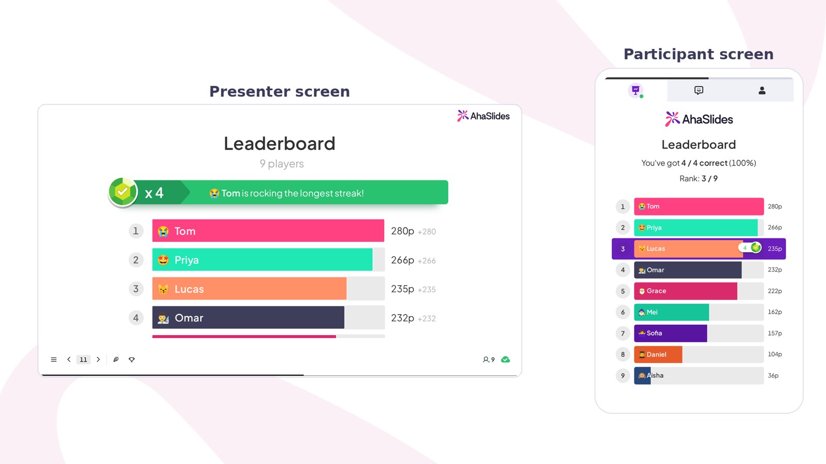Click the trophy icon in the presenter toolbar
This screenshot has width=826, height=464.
[x=132, y=359]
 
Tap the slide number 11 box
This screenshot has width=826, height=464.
[x=83, y=359]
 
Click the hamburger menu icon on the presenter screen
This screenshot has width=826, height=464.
[x=54, y=359]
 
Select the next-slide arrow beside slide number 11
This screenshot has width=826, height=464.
[x=98, y=359]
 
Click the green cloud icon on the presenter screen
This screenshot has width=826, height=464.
[x=505, y=359]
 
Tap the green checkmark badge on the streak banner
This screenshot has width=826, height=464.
[x=123, y=192]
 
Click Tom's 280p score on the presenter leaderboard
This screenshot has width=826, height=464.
[x=403, y=231]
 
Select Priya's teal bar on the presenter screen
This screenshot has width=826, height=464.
[x=262, y=260]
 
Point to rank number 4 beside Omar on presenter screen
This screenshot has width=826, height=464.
[x=136, y=318]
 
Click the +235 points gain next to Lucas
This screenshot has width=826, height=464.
[x=426, y=289]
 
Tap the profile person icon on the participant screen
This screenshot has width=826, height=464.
[x=762, y=91]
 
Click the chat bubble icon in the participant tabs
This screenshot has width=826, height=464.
[x=698, y=91]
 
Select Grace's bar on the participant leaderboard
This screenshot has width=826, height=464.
[x=686, y=291]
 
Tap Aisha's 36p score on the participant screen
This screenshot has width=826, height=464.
[x=773, y=376]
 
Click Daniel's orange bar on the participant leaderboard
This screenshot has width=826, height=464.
[x=658, y=354]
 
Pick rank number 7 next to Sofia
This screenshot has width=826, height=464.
[x=623, y=333]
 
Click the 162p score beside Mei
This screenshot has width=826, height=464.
[x=775, y=312]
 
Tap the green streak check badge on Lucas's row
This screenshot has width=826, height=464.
[x=756, y=247]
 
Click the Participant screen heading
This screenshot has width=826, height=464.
[x=698, y=54]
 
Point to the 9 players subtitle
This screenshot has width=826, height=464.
[x=282, y=163]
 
